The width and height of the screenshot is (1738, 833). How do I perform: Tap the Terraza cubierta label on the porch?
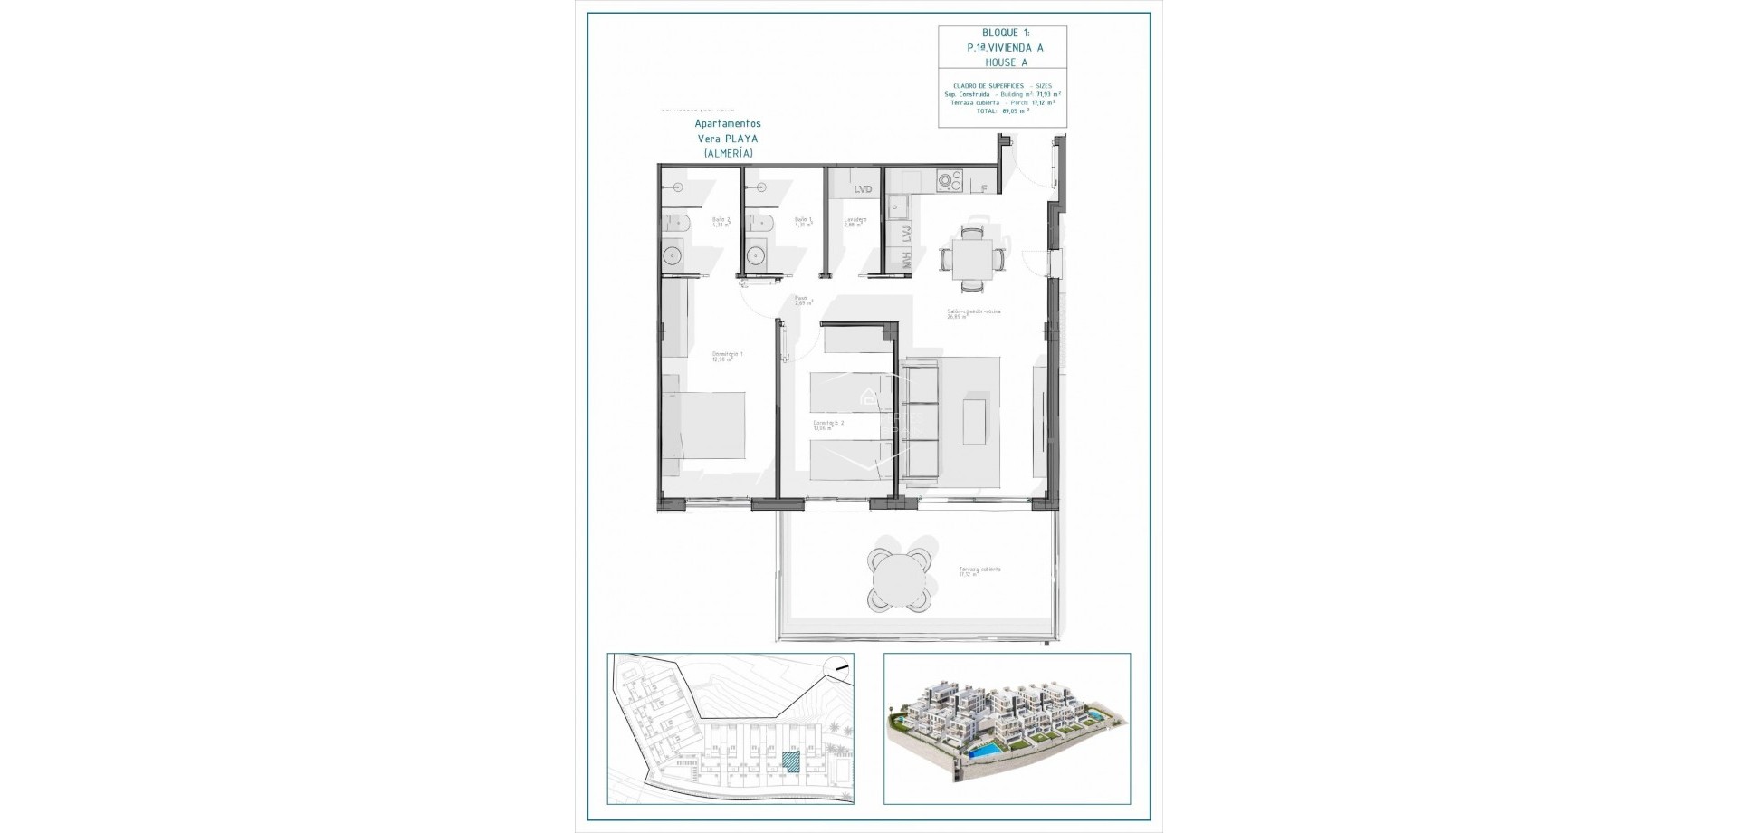tap(979, 571)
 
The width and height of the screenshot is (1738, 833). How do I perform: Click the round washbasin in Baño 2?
tap(673, 255)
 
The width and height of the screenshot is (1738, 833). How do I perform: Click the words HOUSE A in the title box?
tap(1002, 62)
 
